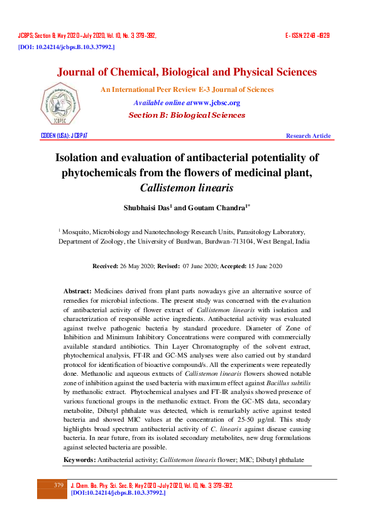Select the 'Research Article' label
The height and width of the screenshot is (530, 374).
pyautogui.click(x=308, y=136)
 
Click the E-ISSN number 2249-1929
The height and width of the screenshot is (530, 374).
pyautogui.click(x=308, y=36)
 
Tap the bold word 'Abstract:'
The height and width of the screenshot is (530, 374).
pyautogui.click(x=78, y=291)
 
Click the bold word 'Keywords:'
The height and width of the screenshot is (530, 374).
pyautogui.click(x=79, y=443)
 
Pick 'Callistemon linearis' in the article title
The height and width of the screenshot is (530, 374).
pyautogui.click(x=187, y=188)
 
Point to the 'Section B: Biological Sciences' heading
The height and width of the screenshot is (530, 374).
pyautogui.click(x=187, y=115)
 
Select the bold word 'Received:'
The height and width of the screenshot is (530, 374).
pyautogui.click(x=106, y=266)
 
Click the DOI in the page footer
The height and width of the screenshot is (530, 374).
pyautogui.click(x=118, y=493)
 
